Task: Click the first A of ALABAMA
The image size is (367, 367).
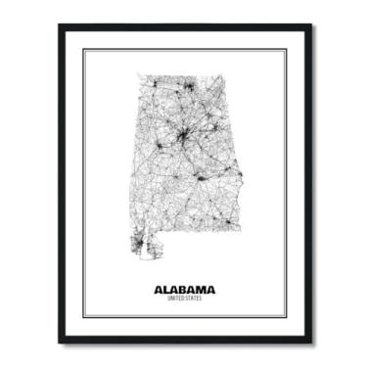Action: tap(158, 290)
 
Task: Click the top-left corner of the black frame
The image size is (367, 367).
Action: tap(59, 26)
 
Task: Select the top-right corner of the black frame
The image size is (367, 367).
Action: tap(313, 26)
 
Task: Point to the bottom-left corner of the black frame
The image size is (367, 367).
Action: tap(59, 344)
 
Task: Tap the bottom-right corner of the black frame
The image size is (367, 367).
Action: tap(313, 344)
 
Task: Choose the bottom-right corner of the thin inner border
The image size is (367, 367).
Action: tap(287, 319)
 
